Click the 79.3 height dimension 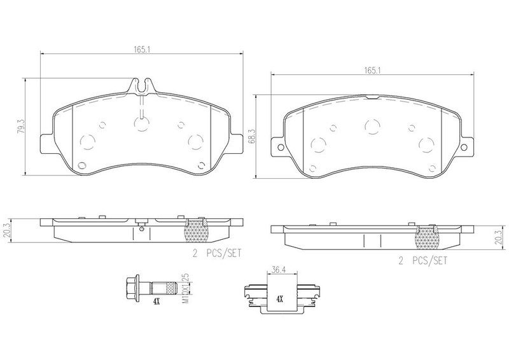pos(21,127)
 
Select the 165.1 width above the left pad pos(141,49)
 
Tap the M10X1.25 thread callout pos(185,289)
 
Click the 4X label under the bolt pos(157,302)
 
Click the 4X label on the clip pos(279,299)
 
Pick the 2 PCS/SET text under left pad pos(217,253)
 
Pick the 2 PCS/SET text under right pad pos(422,261)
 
